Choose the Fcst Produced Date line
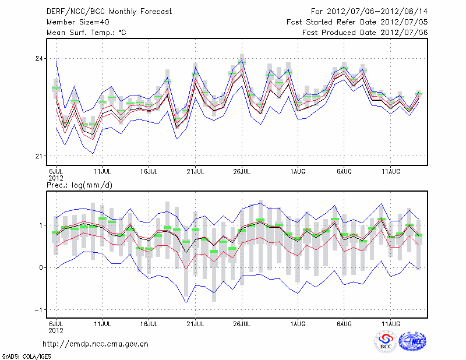[x=365, y=33]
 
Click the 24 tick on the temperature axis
[x=38, y=59]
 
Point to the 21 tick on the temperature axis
[x=38, y=156]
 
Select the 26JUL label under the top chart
[x=242, y=171]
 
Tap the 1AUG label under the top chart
[x=298, y=171]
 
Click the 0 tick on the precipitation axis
[x=41, y=267]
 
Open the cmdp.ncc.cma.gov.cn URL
[x=96, y=344]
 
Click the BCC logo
[x=386, y=341]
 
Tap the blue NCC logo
[x=413, y=341]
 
